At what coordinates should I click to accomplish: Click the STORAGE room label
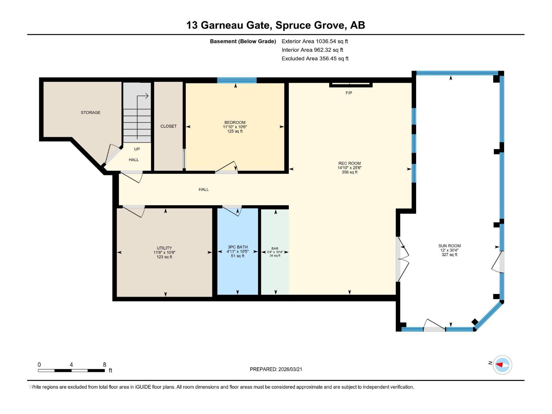(90, 112)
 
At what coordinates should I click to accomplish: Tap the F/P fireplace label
(348, 93)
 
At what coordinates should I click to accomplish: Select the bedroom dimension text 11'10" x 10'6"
(235, 127)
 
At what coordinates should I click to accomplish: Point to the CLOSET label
(168, 126)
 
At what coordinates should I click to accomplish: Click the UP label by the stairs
(137, 149)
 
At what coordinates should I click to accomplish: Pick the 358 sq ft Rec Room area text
(349, 172)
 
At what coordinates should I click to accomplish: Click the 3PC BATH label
(237, 247)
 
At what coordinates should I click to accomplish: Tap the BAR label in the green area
(275, 248)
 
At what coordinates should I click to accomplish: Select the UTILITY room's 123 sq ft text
(164, 257)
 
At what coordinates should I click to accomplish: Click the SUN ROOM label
(449, 246)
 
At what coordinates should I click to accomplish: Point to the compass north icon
(502, 365)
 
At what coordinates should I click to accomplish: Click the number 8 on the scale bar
(105, 365)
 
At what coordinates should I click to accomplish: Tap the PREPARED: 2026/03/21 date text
(276, 369)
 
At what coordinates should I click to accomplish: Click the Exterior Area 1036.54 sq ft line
(315, 41)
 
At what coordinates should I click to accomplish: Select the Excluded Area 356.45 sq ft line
(315, 59)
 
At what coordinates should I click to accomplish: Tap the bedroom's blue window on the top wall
(237, 80)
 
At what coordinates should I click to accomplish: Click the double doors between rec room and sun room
(402, 259)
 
